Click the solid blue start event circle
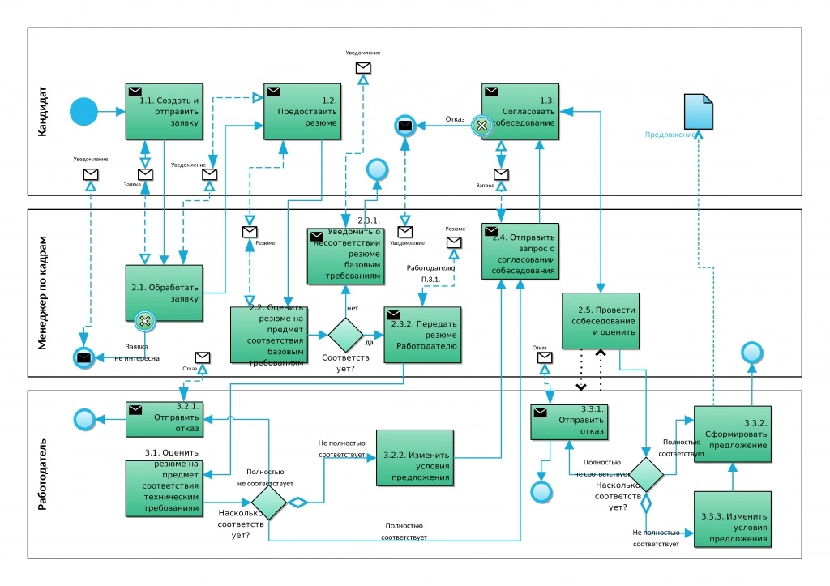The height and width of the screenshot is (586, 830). coord(83,111)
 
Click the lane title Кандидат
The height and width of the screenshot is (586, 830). coord(43,111)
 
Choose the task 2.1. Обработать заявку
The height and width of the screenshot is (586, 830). coord(164,293)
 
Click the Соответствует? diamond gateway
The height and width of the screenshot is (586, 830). coord(345,335)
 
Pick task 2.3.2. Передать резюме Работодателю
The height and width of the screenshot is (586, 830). coord(422,334)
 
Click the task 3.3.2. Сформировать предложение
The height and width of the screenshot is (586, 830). coord(732,434)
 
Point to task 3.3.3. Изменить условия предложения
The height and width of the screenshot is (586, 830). coord(732,520)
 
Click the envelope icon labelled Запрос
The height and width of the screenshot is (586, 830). coord(501,173)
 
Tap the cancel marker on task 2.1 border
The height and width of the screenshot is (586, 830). coord(145,321)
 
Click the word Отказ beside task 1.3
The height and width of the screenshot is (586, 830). coord(456,119)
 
